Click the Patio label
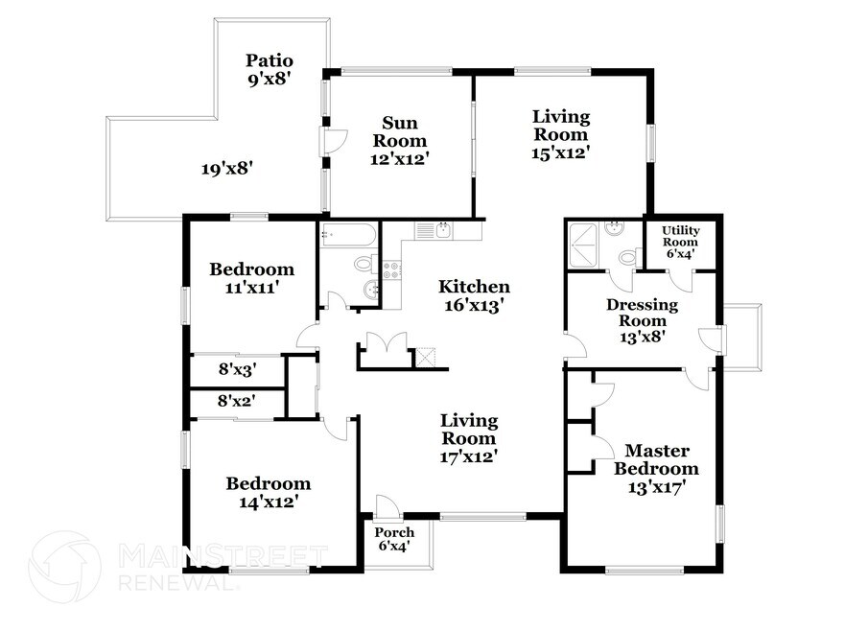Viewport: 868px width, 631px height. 270,59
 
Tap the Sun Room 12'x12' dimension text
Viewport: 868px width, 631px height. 400,159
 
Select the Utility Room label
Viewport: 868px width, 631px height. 681,236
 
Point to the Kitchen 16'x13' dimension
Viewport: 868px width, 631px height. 474,304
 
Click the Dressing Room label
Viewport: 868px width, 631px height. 643,313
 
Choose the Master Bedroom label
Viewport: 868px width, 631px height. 657,459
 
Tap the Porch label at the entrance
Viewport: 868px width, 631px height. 394,532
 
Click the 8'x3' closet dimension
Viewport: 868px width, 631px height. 237,369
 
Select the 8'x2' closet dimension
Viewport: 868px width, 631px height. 236,400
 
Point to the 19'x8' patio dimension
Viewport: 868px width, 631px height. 227,168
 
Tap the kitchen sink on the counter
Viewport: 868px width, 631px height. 443,230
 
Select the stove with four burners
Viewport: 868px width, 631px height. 392,269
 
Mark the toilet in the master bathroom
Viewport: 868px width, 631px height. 630,257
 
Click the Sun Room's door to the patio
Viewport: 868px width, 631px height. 335,141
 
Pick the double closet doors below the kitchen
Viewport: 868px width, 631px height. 387,342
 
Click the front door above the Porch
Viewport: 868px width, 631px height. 386,507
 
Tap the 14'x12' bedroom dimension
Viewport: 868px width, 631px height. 270,502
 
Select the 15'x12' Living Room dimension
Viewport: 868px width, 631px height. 561,152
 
